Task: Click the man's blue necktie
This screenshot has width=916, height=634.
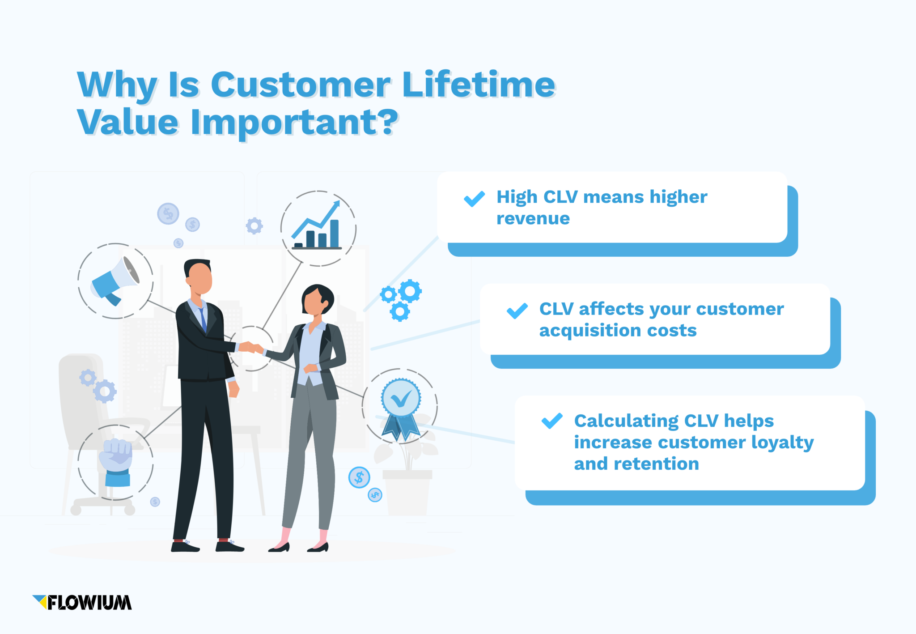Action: (203, 318)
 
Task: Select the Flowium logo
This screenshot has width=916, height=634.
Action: (82, 603)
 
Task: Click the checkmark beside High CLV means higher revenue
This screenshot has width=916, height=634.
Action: (474, 199)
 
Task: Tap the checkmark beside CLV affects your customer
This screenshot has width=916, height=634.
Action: (517, 311)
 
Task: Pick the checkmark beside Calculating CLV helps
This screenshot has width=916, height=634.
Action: (552, 421)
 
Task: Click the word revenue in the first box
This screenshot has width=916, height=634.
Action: (533, 218)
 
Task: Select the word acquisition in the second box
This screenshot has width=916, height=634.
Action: (589, 331)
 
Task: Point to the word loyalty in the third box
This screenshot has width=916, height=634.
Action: (782, 443)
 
